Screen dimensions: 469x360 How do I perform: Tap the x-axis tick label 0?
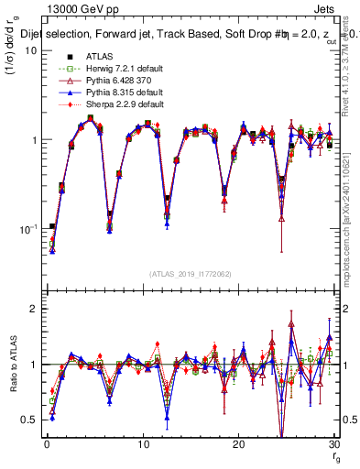pos(46,444)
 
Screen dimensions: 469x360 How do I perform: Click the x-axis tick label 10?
pos(142,444)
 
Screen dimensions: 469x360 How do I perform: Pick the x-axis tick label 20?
pos(238,444)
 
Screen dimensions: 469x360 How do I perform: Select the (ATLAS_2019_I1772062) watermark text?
pos(191,274)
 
